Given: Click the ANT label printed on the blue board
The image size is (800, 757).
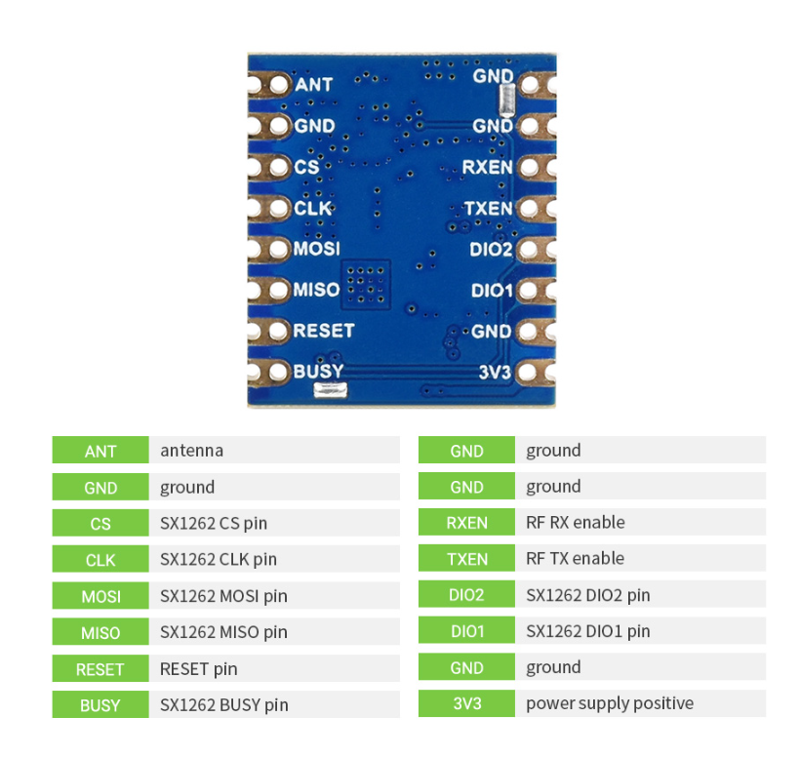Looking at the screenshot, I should [x=313, y=85].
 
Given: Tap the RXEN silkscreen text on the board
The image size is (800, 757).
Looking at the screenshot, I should [x=487, y=168].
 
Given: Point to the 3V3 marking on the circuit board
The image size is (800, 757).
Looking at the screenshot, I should [x=496, y=373].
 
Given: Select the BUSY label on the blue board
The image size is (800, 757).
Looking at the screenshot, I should [x=318, y=372].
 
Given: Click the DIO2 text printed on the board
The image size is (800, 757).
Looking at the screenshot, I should [x=491, y=250].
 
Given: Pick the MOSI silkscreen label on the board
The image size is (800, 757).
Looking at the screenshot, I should [x=316, y=249].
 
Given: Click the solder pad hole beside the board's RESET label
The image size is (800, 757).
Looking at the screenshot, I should [x=277, y=331].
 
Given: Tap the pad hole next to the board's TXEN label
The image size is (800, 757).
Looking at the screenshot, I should [x=526, y=209].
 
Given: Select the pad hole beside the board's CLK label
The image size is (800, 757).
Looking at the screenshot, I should [x=277, y=208].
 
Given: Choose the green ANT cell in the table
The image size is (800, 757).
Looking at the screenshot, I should [x=100, y=451].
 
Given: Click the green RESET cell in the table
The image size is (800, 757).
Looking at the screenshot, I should [x=100, y=669].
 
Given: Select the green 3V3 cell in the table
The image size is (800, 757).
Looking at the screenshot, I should [x=466, y=703].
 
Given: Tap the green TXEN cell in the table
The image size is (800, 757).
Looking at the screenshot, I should [x=466, y=559].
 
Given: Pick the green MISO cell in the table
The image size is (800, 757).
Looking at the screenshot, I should [x=100, y=632].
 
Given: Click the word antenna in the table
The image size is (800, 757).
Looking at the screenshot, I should [x=191, y=451].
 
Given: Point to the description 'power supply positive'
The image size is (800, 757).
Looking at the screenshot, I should [x=610, y=703].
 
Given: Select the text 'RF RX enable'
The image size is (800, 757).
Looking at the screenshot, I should [x=575, y=522].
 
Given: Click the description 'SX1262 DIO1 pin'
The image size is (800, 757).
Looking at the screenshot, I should [x=587, y=631].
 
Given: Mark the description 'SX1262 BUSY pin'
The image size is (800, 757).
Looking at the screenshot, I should [x=223, y=704].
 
